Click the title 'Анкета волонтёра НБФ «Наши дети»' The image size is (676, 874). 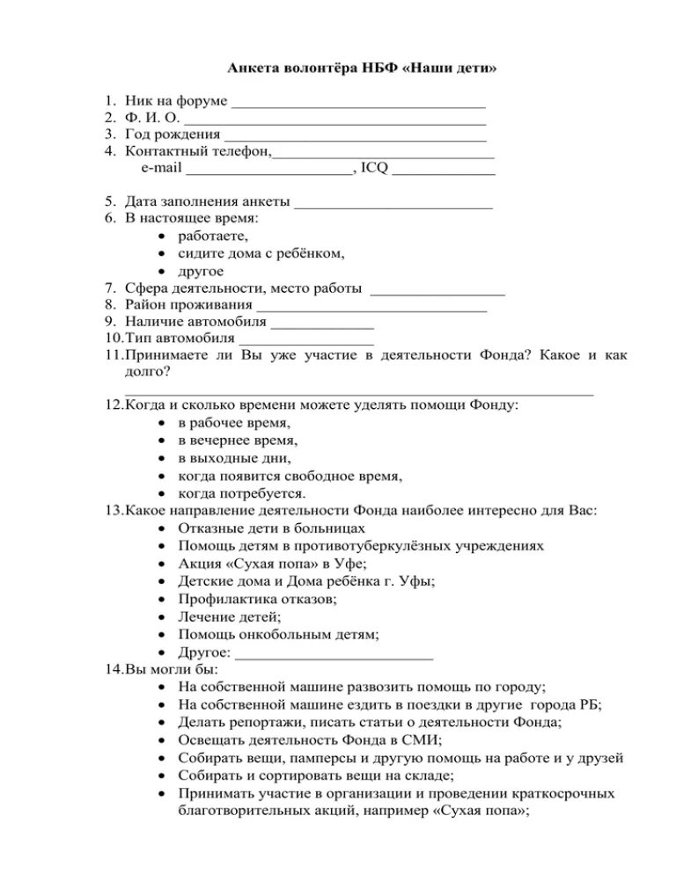362,69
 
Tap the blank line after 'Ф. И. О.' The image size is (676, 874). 336,122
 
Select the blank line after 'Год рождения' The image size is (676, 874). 356,139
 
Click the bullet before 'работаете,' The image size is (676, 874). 164,237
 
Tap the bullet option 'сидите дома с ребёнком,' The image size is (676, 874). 261,253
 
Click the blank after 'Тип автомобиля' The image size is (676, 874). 306,342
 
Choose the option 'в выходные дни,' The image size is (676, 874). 233,458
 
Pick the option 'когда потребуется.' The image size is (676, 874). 241,493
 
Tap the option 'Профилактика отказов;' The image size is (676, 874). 257,599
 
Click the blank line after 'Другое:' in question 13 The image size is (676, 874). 334,654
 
